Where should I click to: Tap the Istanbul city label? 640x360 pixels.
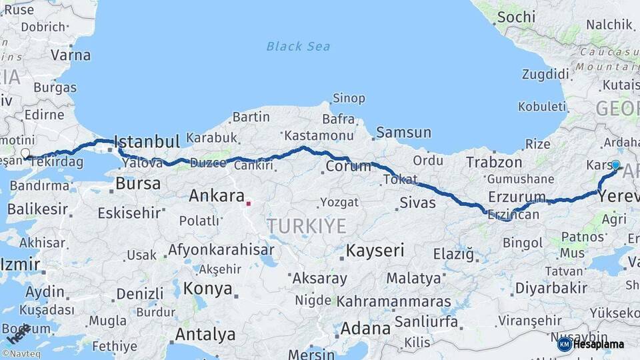click(147, 141)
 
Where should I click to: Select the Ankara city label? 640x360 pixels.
click(217, 195)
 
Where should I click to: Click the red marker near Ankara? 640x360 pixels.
click(248, 203)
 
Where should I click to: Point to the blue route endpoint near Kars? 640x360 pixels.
click(615, 165)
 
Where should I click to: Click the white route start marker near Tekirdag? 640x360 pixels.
click(25, 154)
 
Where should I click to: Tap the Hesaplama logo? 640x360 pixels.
click(591, 344)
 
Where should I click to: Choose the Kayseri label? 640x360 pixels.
click(375, 251)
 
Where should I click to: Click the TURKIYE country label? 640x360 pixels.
click(307, 226)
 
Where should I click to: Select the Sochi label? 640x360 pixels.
click(516, 17)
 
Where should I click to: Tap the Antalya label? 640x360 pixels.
click(205, 334)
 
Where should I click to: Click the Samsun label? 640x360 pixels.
click(403, 132)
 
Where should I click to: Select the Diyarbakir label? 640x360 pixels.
click(551, 288)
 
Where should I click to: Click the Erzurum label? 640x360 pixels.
click(517, 197)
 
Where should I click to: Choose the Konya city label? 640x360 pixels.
click(208, 289)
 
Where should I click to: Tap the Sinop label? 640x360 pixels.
click(349, 99)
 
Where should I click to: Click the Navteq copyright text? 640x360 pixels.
click(21, 354)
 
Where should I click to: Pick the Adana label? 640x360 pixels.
click(365, 329)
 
